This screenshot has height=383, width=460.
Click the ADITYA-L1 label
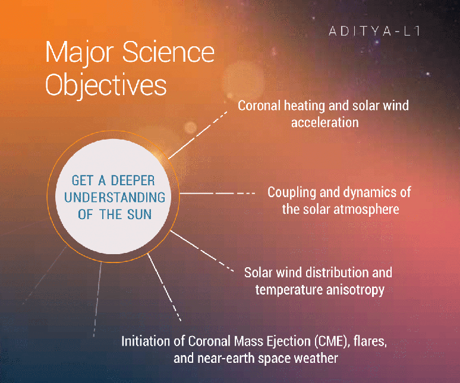374,31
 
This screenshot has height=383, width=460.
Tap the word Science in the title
168,52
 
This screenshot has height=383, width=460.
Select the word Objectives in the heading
106,85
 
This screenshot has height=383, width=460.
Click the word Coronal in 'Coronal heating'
259,106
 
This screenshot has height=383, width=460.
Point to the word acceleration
324,122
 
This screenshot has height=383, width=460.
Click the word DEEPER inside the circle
133,181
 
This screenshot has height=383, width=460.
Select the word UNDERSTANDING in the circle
115,197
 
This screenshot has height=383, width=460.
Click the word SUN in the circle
139,214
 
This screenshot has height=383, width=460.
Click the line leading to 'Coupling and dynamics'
217,194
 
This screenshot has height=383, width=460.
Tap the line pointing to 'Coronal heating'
197,135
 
